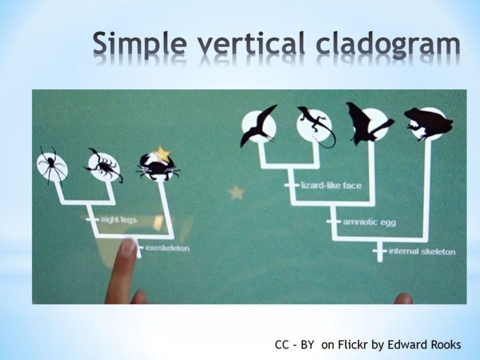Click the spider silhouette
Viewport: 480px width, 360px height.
click(x=51, y=166)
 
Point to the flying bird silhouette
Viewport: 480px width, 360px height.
click(x=258, y=125)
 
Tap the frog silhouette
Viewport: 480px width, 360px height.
click(x=428, y=123)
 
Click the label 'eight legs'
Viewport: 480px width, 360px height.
click(x=118, y=220)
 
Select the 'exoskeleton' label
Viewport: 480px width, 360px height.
click(x=167, y=248)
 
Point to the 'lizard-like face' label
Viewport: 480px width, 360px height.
click(x=331, y=185)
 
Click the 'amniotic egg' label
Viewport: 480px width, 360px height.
click(x=369, y=222)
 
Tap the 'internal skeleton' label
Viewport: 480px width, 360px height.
click(x=422, y=251)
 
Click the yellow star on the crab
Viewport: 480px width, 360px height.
click(x=161, y=153)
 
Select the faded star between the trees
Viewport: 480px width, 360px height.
click(x=236, y=192)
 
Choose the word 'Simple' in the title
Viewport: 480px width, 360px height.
click(x=139, y=44)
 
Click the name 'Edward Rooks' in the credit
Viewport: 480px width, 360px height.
click(x=424, y=344)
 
